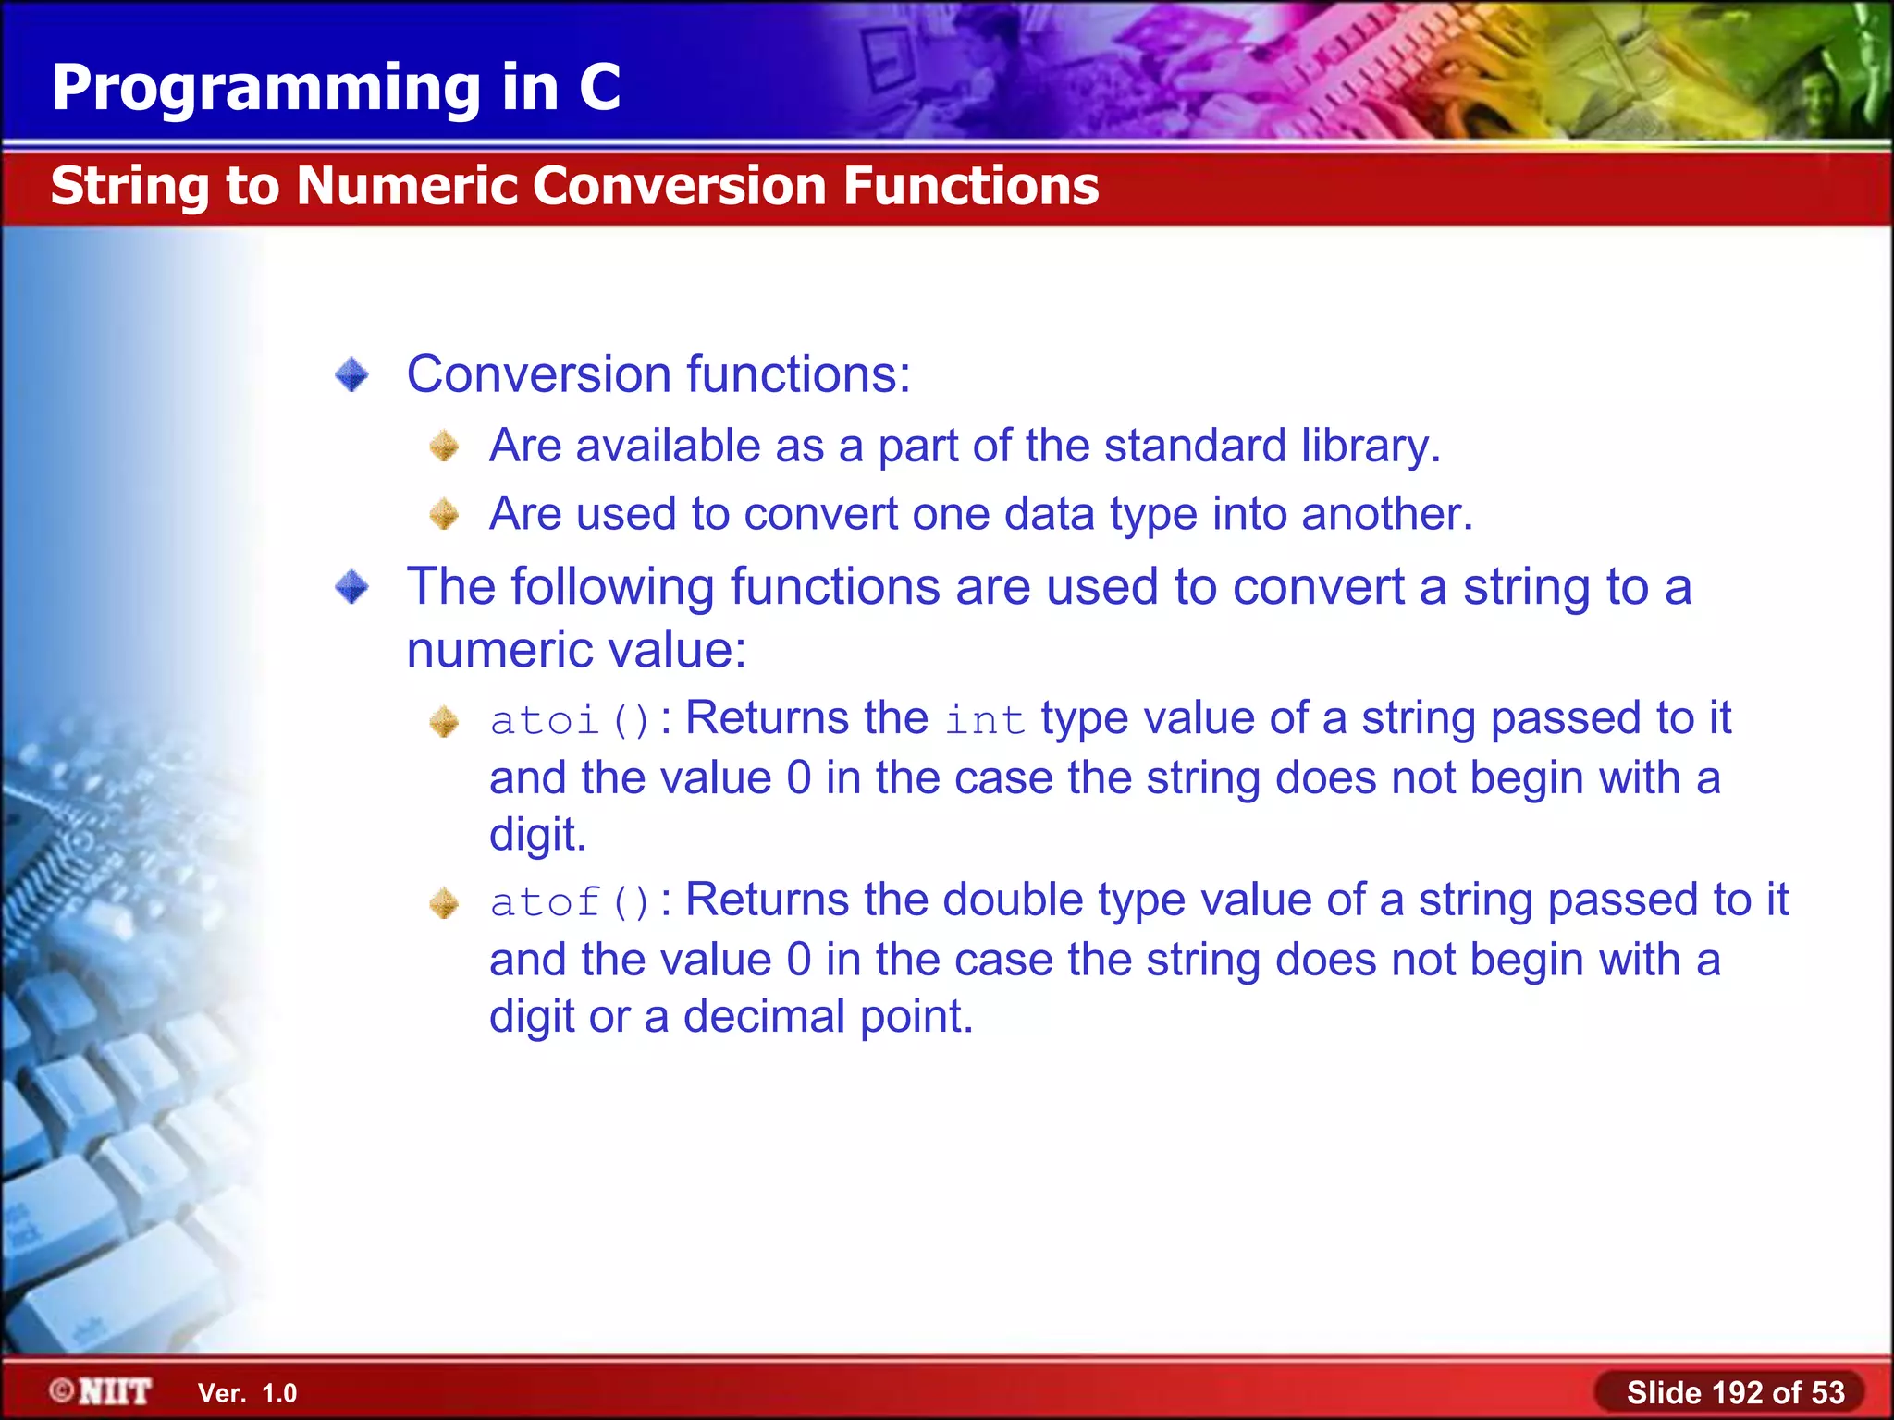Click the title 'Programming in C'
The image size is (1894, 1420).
click(336, 88)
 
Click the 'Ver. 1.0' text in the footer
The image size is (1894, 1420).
click(247, 1393)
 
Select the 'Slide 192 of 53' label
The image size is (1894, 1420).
click(1735, 1392)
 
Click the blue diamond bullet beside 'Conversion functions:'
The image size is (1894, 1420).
click(351, 375)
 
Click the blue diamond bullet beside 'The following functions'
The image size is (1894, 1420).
click(351, 586)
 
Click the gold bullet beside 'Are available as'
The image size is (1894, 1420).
click(445, 447)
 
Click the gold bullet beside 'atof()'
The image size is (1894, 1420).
click(445, 903)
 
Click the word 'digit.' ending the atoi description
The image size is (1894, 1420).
click(537, 835)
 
